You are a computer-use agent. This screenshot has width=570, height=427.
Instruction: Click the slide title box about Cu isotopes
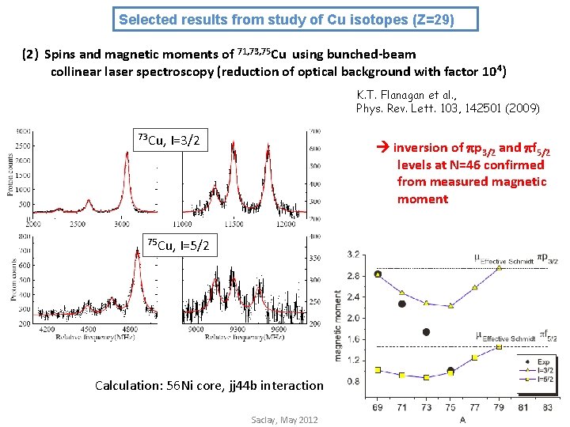pyautogui.click(x=297, y=18)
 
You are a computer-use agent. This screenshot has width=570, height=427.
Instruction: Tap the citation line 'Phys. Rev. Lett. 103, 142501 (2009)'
pyautogui.click(x=448, y=108)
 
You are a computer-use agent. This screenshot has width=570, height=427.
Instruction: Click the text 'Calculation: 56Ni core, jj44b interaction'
pyautogui.click(x=209, y=386)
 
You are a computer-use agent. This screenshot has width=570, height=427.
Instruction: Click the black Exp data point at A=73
pyautogui.click(x=426, y=332)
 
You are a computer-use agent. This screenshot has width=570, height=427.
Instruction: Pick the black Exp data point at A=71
pyautogui.click(x=402, y=304)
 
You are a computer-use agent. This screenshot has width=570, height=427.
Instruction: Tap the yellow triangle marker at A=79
pyautogui.click(x=499, y=268)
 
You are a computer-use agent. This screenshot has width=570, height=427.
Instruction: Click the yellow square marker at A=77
pyautogui.click(x=474, y=357)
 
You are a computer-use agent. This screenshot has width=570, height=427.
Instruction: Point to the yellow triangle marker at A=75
pyautogui.click(x=450, y=306)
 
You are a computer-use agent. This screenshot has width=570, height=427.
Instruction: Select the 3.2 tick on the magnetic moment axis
pyautogui.click(x=354, y=255)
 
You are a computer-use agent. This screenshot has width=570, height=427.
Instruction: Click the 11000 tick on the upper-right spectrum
pyautogui.click(x=192, y=225)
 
